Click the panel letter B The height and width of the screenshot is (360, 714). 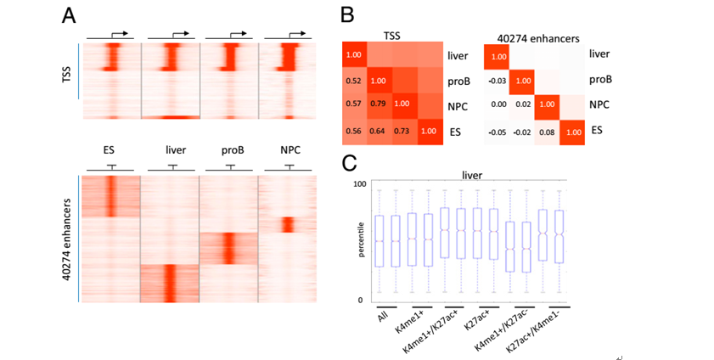pos(348,15)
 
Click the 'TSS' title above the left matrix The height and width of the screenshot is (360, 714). pos(391,36)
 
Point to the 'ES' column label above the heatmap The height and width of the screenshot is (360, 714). pos(109,150)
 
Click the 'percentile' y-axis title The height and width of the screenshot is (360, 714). pos(361,242)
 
